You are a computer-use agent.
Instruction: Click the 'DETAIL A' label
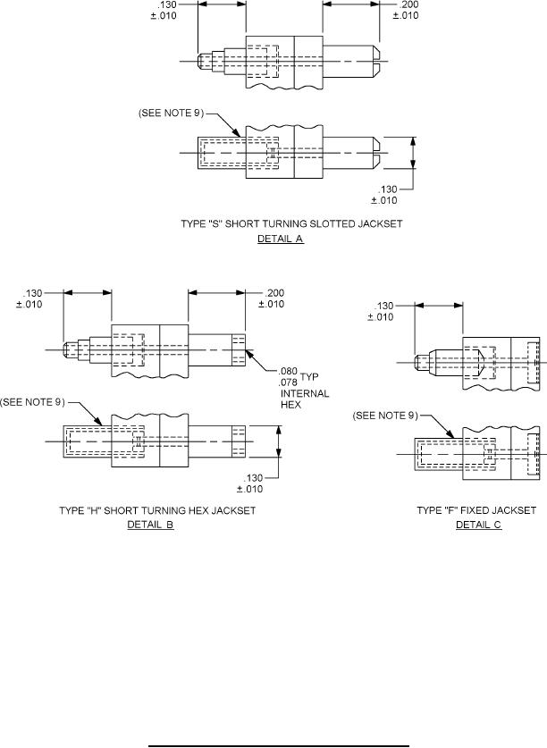tap(280, 240)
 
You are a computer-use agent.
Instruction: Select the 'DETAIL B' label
tap(150, 525)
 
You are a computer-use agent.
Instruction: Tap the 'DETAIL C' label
tap(478, 525)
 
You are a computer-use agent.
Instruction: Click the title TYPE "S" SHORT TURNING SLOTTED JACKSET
tap(281, 224)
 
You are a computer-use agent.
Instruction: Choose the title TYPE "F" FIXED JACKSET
tap(476, 510)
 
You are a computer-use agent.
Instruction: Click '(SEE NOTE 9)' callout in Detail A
tap(175, 113)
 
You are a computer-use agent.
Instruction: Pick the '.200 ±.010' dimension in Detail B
tap(270, 298)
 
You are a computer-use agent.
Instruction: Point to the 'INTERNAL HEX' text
tap(305, 399)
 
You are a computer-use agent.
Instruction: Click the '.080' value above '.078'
tap(288, 371)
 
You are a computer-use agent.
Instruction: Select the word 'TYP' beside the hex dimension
tap(309, 377)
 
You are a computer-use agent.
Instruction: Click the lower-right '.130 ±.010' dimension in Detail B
tap(250, 482)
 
